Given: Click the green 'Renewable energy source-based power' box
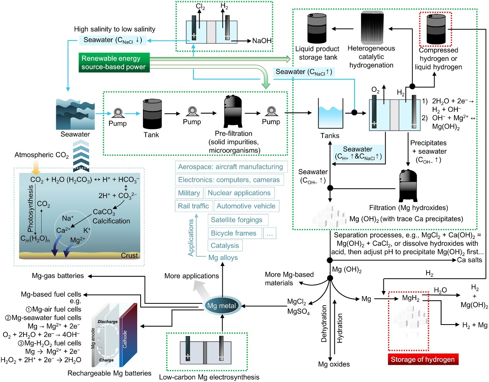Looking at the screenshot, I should [114, 62].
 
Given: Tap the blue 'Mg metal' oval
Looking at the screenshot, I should [222, 306].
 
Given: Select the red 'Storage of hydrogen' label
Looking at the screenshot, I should [423, 359].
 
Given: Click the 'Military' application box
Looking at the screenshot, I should [189, 193].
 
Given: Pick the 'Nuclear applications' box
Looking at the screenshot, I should [239, 193].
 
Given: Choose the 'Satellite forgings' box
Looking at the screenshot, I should [237, 220].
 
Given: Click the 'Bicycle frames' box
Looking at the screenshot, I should [234, 233].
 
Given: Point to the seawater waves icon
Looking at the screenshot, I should [75, 114].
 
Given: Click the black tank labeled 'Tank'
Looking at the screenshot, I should [152, 114].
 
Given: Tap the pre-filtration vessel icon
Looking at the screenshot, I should [233, 112].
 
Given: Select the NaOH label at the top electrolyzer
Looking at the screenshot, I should [262, 40].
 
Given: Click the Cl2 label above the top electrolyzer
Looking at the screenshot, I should [200, 7].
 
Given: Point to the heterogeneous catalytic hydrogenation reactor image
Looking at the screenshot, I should [372, 28].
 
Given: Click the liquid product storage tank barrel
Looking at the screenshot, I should [317, 29].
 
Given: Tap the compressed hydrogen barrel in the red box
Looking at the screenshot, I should [436, 29].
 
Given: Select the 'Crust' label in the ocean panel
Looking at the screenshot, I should [129, 255].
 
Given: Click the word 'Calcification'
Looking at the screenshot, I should [111, 221].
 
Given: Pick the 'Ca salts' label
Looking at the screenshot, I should [469, 260].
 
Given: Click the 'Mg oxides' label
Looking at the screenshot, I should [334, 364].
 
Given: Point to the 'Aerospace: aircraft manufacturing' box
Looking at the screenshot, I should [231, 167].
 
